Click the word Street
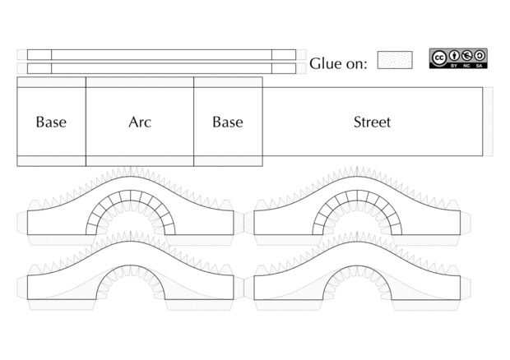372,122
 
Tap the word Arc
140,122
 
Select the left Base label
51,122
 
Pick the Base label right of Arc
228,122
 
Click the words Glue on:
338,64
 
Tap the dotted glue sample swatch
395,60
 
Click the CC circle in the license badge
440,57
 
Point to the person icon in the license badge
454,56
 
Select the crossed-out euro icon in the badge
467,56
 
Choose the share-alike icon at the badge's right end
480,56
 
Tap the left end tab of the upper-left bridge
21,223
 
